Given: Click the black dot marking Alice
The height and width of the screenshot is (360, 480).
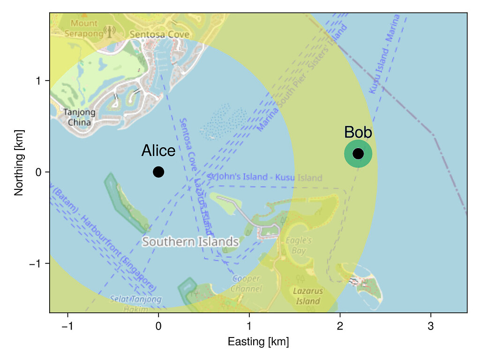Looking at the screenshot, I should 158,172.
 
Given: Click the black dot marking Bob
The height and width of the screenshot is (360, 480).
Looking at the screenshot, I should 358,154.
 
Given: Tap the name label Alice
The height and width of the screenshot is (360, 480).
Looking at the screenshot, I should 158,151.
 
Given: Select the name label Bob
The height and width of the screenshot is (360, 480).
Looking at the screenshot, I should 358,133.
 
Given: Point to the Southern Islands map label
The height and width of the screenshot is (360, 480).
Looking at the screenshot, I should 190,242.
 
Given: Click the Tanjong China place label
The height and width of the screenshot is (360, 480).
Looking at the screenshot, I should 79,117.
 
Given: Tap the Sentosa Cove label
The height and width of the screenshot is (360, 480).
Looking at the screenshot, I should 159,34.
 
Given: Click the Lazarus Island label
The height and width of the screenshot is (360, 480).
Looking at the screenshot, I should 308,296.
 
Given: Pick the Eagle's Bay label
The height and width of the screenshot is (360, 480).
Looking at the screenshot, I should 299,246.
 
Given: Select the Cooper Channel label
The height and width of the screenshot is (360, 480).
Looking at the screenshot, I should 246,284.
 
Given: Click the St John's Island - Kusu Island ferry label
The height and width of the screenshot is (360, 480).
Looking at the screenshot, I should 265,178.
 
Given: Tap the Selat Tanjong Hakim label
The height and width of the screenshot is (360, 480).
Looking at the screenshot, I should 135,303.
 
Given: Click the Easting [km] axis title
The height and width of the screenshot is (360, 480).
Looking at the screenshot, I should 258,342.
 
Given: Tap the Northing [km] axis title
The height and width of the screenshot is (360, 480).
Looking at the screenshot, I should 19,163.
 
